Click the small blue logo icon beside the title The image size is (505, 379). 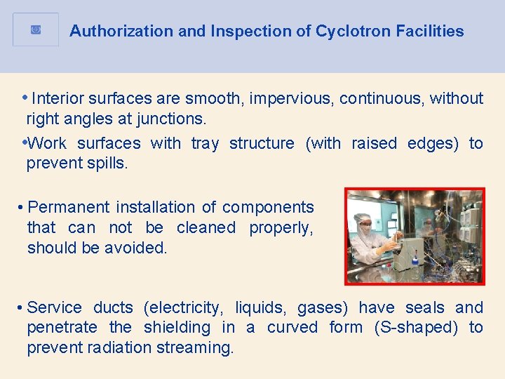point(36,30)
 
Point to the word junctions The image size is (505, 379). point(171,119)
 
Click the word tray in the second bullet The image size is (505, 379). point(205,144)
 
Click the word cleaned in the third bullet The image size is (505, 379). point(206,228)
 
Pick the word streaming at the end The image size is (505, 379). point(199,348)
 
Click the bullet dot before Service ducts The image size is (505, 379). point(22,308)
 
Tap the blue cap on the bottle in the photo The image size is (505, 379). point(415,260)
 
